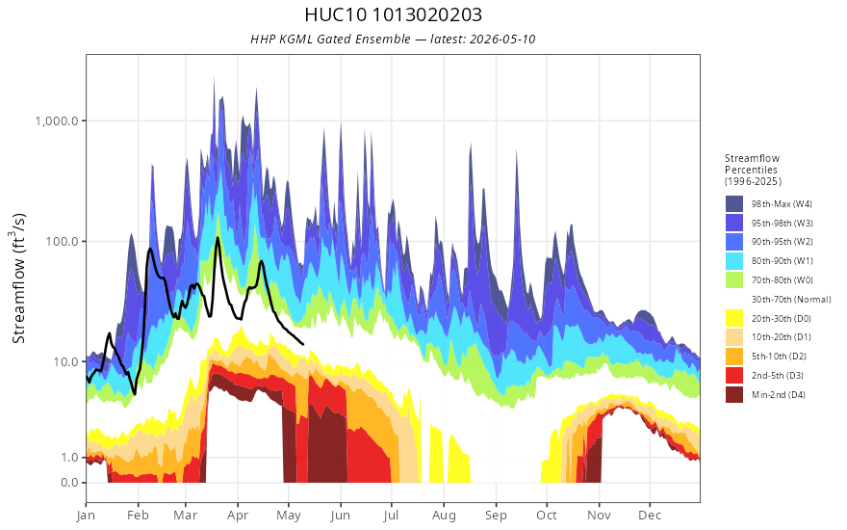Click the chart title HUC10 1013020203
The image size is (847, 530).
(x=394, y=14)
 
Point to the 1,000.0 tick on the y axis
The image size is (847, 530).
(x=57, y=120)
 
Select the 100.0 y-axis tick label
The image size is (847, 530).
(x=63, y=241)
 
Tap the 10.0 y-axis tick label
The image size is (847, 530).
(x=65, y=361)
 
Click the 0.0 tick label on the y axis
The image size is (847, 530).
(x=69, y=483)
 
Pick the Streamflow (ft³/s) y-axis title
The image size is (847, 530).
(x=18, y=278)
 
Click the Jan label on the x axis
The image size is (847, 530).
(x=86, y=516)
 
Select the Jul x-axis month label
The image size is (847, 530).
(x=391, y=516)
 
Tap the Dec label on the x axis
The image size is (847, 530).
(x=650, y=516)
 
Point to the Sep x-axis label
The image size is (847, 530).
(x=496, y=516)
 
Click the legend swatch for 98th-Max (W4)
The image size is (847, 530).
(x=734, y=204)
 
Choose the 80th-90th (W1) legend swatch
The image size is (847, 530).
(x=734, y=261)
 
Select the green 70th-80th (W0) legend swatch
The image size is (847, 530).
(x=734, y=279)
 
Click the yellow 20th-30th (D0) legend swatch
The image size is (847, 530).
(x=734, y=318)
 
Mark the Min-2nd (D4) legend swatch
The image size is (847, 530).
(x=734, y=394)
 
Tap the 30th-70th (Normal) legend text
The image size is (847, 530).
(x=791, y=299)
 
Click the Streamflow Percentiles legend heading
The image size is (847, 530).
(x=753, y=170)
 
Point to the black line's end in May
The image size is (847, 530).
(x=302, y=344)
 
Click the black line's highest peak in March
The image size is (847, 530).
(x=218, y=237)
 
